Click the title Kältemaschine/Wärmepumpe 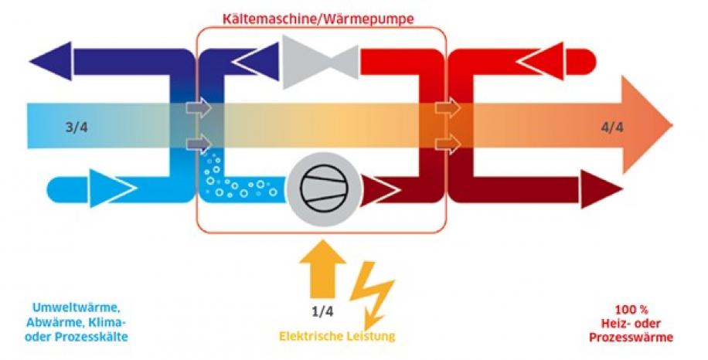[x=318, y=19]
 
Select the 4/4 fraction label [x=612, y=127]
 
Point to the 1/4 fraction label [x=322, y=312]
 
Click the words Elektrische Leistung [x=337, y=336]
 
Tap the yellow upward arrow [x=322, y=269]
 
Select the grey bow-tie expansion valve [x=321, y=62]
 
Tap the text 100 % [x=631, y=310]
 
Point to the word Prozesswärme [x=631, y=337]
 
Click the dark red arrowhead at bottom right [x=601, y=189]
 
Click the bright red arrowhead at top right [x=542, y=61]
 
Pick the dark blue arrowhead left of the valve [x=257, y=61]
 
